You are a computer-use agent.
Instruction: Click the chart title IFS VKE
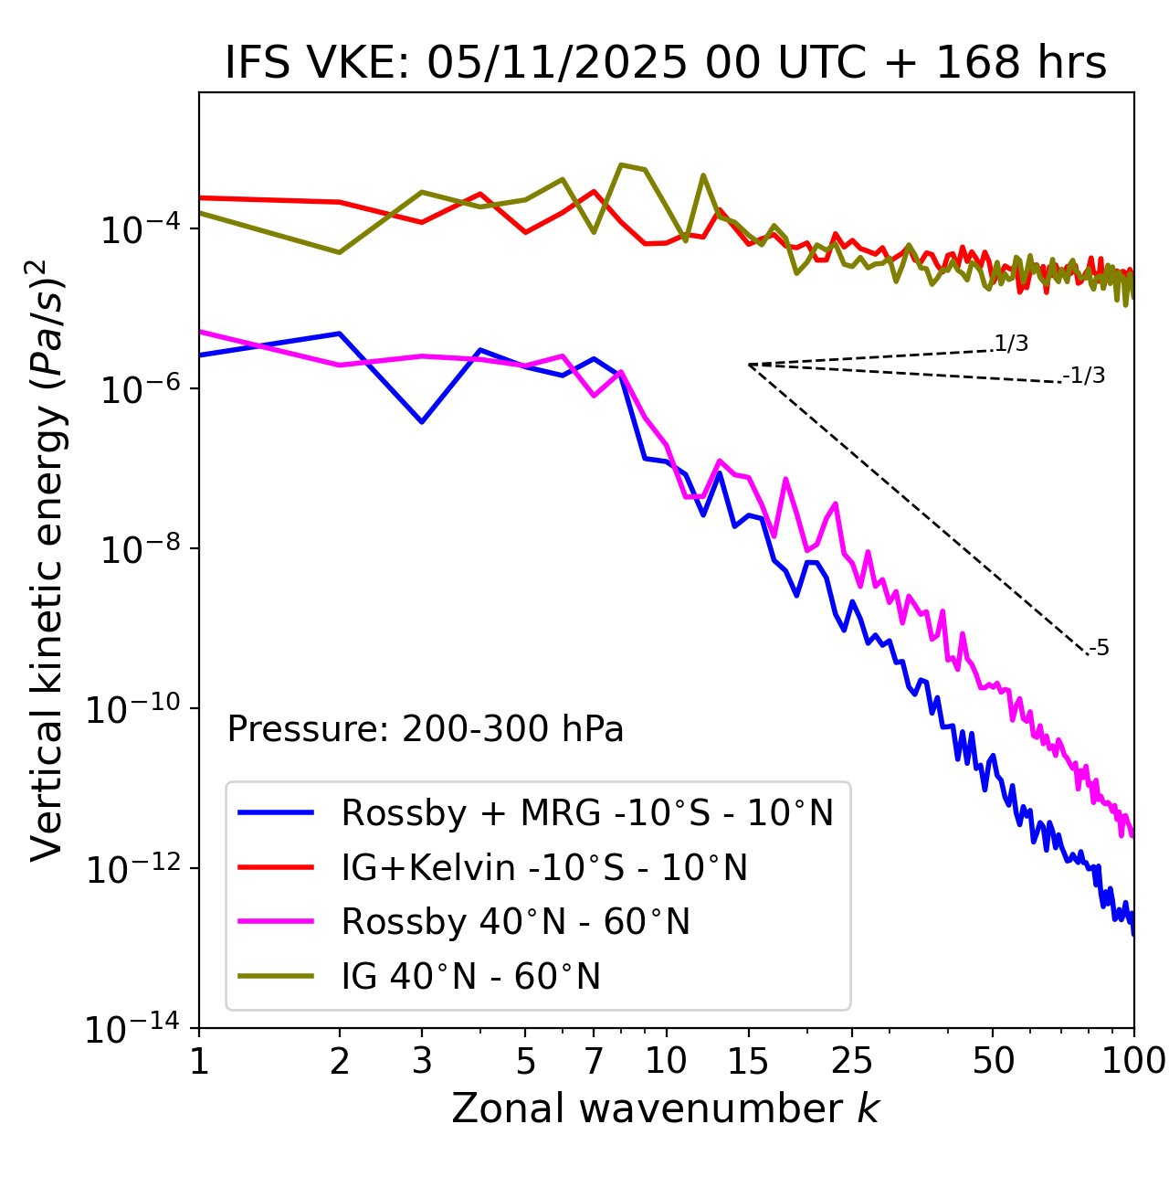pyautogui.click(x=666, y=63)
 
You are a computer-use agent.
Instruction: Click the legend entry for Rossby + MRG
pyautogui.click(x=587, y=812)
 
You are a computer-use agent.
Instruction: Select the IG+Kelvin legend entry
pyautogui.click(x=544, y=867)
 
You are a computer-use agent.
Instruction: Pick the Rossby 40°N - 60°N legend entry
pyautogui.click(x=515, y=922)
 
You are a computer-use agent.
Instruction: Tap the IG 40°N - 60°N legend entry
pyautogui.click(x=470, y=977)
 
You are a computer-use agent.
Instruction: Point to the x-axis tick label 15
pyautogui.click(x=748, y=1061)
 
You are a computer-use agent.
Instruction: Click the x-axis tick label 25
pyautogui.click(x=851, y=1061)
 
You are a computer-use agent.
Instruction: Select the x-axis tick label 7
pyautogui.click(x=594, y=1061)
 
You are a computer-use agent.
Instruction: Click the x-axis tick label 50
pyautogui.click(x=993, y=1061)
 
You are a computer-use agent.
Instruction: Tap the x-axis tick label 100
pyautogui.click(x=1132, y=1061)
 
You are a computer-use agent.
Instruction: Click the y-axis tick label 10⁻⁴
pyautogui.click(x=138, y=229)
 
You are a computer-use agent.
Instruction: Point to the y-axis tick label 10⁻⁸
pyautogui.click(x=138, y=549)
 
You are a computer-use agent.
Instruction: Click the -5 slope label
pyautogui.click(x=1099, y=649)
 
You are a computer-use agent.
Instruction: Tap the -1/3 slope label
pyautogui.click(x=1084, y=376)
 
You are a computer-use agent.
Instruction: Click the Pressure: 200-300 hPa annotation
pyautogui.click(x=425, y=729)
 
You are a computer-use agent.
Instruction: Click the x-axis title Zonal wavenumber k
pyautogui.click(x=666, y=1108)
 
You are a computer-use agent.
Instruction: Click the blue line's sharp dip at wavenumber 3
pyautogui.click(x=422, y=422)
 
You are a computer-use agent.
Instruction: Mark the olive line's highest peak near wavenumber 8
pyautogui.click(x=621, y=164)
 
